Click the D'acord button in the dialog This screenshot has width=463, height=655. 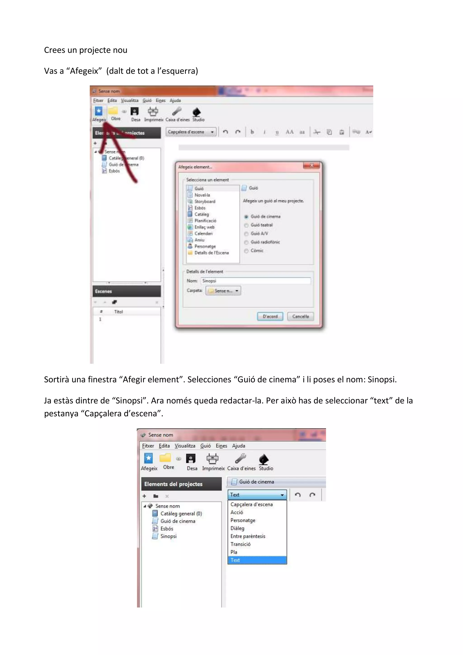click(270, 316)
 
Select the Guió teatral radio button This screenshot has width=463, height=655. click(246, 225)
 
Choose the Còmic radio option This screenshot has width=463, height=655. click(246, 251)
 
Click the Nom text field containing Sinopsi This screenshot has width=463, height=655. click(255, 281)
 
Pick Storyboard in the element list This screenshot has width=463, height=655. click(205, 201)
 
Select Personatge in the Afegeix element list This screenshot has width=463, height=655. click(205, 246)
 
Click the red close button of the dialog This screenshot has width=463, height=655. click(312, 166)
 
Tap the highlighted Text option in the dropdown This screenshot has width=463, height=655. click(257, 560)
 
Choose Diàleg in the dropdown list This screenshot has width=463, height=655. click(237, 528)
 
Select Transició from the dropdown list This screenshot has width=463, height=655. click(241, 544)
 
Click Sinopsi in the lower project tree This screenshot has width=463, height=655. click(168, 536)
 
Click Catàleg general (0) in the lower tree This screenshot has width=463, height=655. click(181, 513)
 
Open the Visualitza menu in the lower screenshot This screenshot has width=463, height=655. click(185, 446)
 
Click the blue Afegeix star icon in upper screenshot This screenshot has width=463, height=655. click(98, 111)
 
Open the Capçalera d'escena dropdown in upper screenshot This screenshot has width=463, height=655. click(191, 132)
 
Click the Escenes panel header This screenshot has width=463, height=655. click(126, 291)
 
